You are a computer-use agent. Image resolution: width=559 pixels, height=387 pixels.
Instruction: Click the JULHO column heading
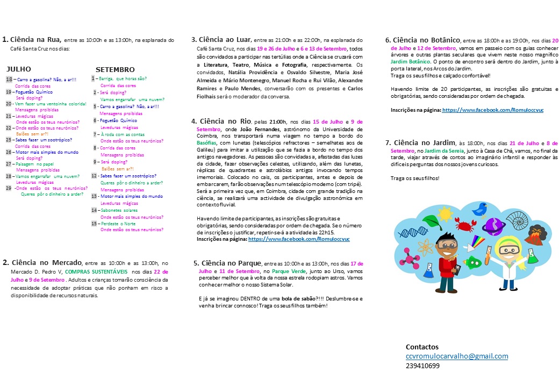click(x=18, y=69)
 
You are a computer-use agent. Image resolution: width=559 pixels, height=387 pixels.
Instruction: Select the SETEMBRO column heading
click(x=114, y=70)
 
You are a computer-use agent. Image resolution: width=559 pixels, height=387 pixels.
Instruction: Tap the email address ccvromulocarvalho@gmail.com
click(x=456, y=356)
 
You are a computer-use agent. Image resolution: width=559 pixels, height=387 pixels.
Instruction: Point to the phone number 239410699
click(x=422, y=366)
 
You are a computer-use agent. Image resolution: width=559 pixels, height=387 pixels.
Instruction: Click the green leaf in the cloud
click(x=433, y=222)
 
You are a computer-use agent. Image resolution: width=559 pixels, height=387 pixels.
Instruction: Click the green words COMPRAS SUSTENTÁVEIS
click(x=99, y=272)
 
